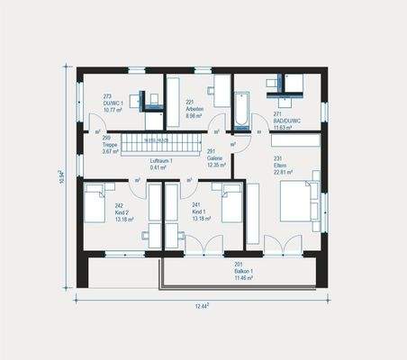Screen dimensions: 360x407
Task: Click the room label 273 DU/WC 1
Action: (x=113, y=103)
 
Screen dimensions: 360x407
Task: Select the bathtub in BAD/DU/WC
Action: (x=243, y=111)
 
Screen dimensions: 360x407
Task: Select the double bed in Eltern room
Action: (x=298, y=202)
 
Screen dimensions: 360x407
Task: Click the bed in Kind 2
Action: (x=95, y=203)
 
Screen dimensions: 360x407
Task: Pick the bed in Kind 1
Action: (x=231, y=204)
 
